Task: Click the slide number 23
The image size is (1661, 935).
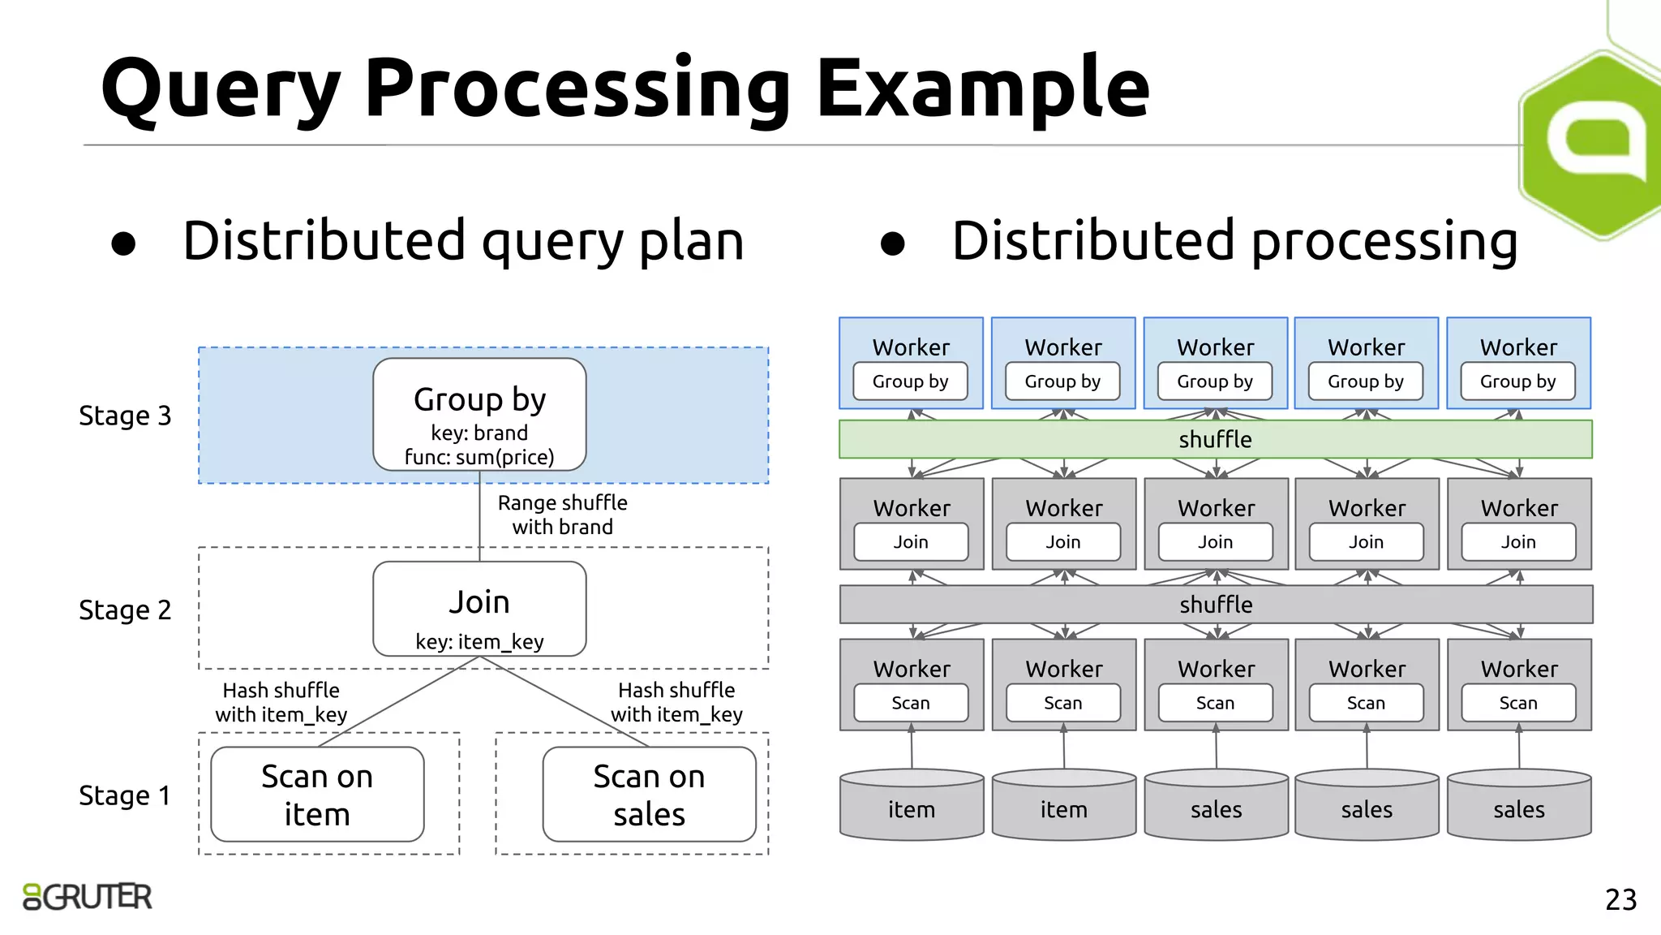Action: coord(1620,899)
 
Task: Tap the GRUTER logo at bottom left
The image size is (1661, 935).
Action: coord(88,897)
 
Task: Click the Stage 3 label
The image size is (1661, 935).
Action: coord(125,416)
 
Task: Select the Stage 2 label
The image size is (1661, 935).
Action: coord(125,610)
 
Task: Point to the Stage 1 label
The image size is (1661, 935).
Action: coord(125,795)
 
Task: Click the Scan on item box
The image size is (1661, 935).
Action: coord(317,795)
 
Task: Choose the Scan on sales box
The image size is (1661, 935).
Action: coord(649,795)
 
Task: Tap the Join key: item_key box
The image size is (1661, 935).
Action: coord(479,610)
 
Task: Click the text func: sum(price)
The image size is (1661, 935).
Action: coord(479,458)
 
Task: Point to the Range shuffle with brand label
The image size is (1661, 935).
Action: coord(562,515)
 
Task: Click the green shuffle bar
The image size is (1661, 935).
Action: coord(1215,439)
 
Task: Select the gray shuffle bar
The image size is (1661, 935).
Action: coord(1215,605)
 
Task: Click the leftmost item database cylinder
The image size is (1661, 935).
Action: coord(912,805)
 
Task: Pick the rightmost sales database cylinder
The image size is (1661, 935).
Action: coord(1518,805)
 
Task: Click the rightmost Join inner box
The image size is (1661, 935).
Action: coord(1517,542)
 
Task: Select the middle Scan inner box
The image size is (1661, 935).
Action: coord(1215,703)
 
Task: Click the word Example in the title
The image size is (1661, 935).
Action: coord(982,88)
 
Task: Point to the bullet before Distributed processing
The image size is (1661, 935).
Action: coord(892,243)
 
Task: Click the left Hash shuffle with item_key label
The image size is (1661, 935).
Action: coord(281,702)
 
